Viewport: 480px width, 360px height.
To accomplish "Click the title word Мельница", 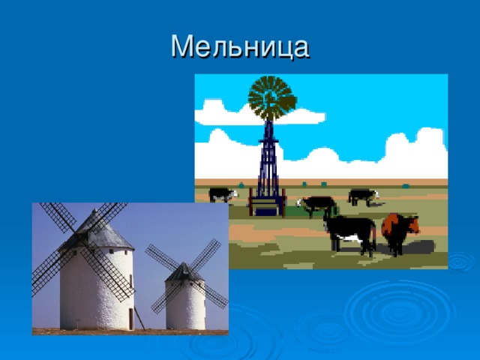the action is click(240, 46).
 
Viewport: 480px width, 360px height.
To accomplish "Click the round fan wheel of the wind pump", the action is click(271, 98).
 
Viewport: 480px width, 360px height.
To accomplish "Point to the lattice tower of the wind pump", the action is click(268, 159).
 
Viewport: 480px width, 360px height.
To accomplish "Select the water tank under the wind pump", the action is click(267, 205).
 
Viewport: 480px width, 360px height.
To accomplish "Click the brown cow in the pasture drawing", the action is click(400, 232).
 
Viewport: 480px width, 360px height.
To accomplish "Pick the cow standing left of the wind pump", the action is click(223, 194).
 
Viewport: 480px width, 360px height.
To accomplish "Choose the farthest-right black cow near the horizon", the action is click(364, 196).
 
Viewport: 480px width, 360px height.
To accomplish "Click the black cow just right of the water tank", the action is click(316, 205).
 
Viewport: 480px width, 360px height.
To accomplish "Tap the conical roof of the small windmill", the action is click(184, 272).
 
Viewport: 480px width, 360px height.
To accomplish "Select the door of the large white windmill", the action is click(131, 319).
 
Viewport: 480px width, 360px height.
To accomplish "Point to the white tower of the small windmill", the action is click(185, 304).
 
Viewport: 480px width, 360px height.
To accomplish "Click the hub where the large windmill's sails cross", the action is click(81, 237).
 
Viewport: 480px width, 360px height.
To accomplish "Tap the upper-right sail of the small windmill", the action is click(205, 255).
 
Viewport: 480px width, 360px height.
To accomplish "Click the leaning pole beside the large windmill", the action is click(139, 318).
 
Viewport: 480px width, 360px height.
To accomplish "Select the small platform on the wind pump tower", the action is click(268, 140).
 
